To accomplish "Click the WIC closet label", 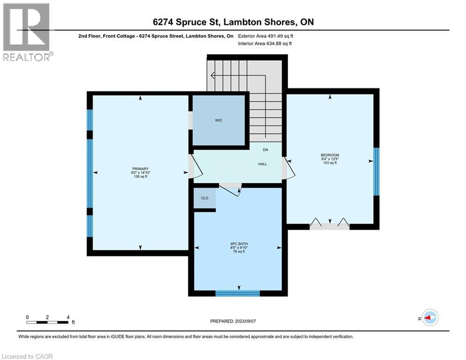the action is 218,120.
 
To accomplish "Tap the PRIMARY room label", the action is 141,169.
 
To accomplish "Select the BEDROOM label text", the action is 330,155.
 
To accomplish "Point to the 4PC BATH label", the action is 239,244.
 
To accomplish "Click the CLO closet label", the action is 205,198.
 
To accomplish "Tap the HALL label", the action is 262,164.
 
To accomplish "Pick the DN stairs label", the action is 266,150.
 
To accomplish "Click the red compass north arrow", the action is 428,318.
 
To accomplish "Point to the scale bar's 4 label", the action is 68,317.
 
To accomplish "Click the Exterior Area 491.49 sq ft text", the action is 266,36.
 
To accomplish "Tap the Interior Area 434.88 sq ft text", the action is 265,44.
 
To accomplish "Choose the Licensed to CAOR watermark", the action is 27,356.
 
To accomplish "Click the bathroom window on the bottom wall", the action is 237,293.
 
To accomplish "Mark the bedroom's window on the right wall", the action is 376,172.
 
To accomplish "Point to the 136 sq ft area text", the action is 141,177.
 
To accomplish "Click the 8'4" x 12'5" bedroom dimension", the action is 330,159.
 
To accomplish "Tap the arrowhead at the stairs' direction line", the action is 213,75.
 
